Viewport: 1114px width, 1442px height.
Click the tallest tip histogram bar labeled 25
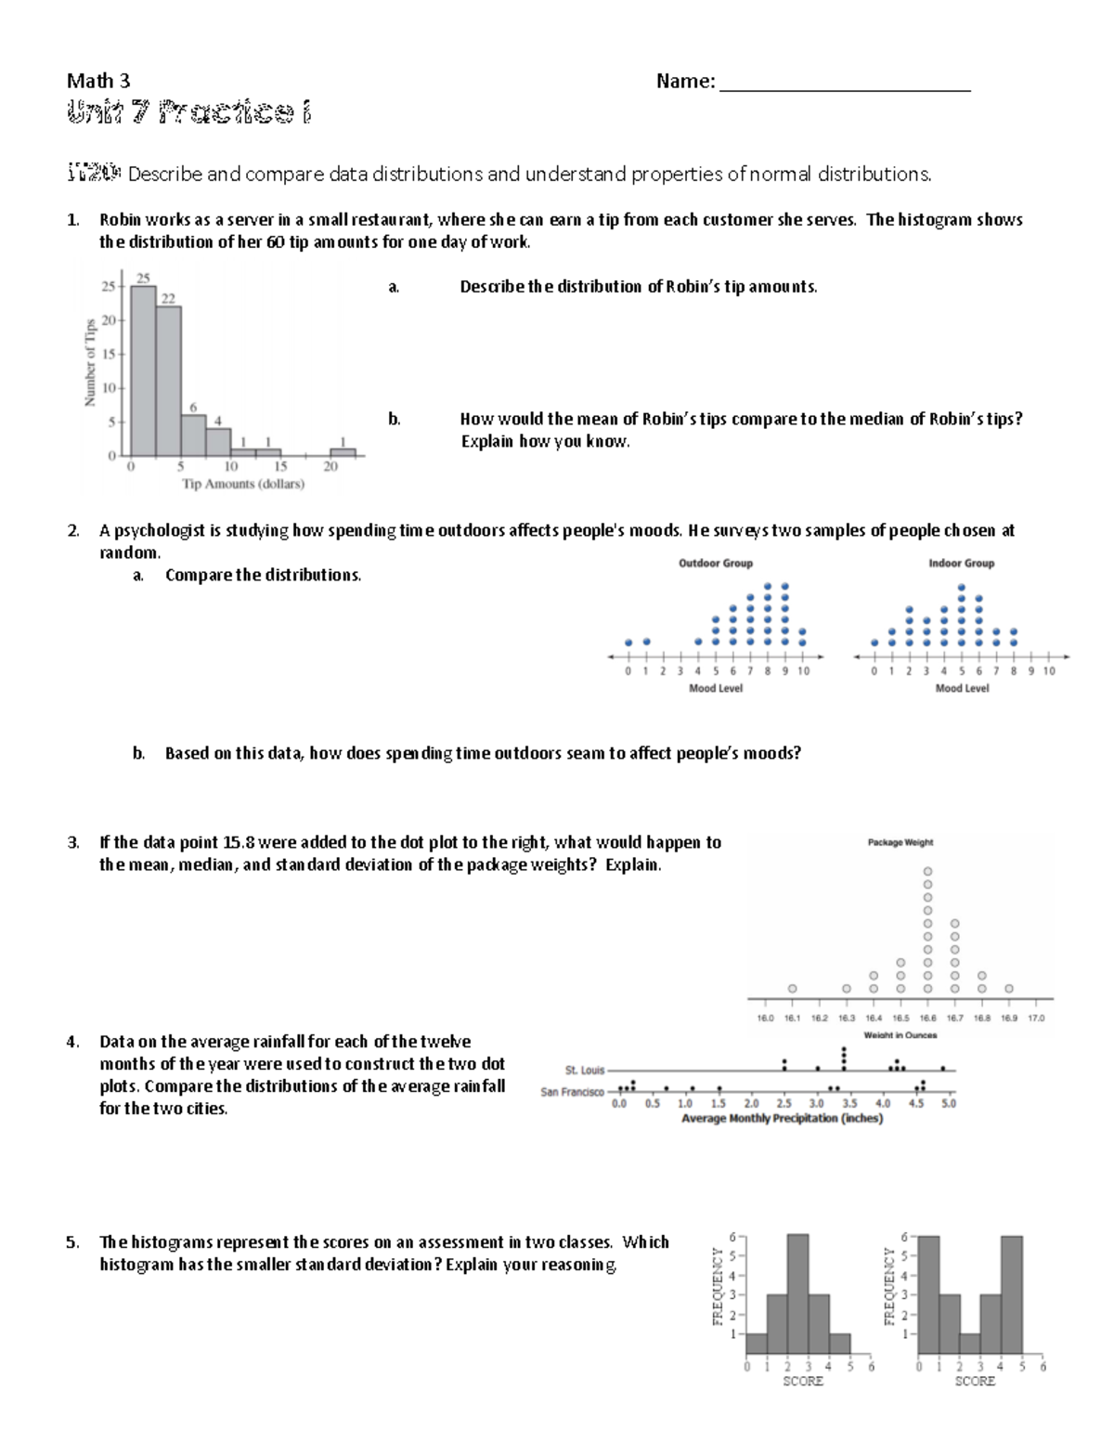(x=143, y=371)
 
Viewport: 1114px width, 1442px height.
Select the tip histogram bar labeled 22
(x=168, y=381)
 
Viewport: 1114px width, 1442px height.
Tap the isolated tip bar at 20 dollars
(x=343, y=452)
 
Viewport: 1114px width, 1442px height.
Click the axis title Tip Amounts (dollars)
(x=243, y=484)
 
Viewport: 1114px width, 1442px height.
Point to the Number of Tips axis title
(x=90, y=362)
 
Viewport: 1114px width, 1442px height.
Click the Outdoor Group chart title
(x=715, y=564)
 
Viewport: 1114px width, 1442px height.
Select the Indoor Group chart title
(x=961, y=564)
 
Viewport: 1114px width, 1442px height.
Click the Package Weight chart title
(x=900, y=843)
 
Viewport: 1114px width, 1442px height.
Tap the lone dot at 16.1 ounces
(x=792, y=989)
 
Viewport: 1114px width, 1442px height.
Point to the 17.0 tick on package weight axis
(x=1036, y=1018)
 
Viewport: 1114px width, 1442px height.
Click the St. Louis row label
(x=584, y=1071)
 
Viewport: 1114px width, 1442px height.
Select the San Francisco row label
(x=572, y=1092)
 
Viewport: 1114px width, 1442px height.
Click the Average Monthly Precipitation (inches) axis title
(x=782, y=1119)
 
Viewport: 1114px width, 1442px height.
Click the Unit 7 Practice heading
(x=188, y=112)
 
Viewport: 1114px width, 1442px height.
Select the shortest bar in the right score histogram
(x=969, y=1345)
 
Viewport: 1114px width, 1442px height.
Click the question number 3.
(x=72, y=843)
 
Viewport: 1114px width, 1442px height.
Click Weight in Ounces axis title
(x=900, y=1035)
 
